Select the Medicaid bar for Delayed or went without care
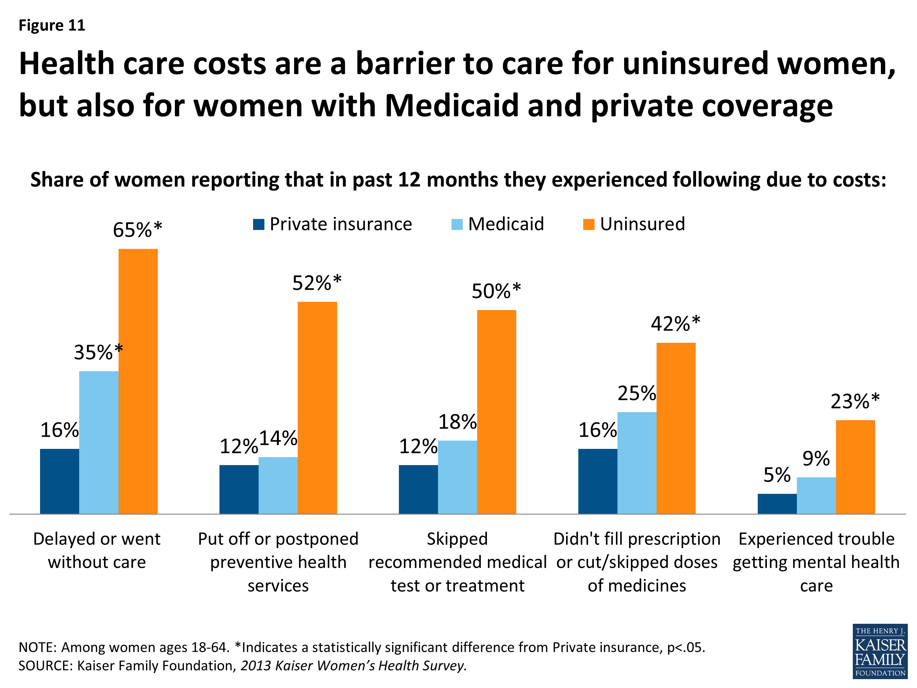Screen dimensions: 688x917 pyautogui.click(x=99, y=442)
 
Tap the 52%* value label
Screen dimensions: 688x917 pyautogui.click(x=317, y=283)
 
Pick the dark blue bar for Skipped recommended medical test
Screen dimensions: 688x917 pyautogui.click(x=418, y=489)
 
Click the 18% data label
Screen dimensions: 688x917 pyautogui.click(x=457, y=422)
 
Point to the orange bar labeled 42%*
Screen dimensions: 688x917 pyautogui.click(x=676, y=428)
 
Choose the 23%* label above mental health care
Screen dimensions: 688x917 pyautogui.click(x=855, y=401)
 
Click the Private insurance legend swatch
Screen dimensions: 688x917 pyautogui.click(x=259, y=224)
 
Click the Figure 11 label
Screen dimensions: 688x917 pyautogui.click(x=52, y=26)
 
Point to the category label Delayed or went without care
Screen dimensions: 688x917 pyautogui.click(x=97, y=550)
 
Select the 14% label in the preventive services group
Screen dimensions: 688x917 pyautogui.click(x=278, y=438)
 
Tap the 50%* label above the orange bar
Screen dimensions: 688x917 pyautogui.click(x=496, y=291)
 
